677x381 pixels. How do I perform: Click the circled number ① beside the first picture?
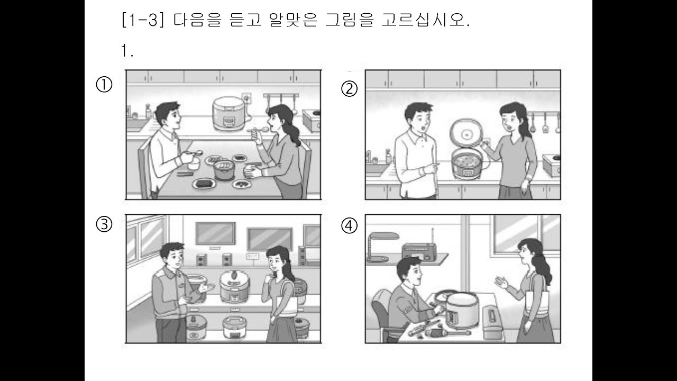pos(104,85)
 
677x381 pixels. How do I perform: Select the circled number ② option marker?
pos(349,89)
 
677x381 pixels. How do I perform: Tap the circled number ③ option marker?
pos(104,224)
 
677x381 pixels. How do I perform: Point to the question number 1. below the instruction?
pos(126,51)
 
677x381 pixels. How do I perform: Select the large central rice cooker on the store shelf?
pos(233,285)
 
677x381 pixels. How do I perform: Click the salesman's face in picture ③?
pos(173,257)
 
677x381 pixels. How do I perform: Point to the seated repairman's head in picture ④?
pos(409,271)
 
